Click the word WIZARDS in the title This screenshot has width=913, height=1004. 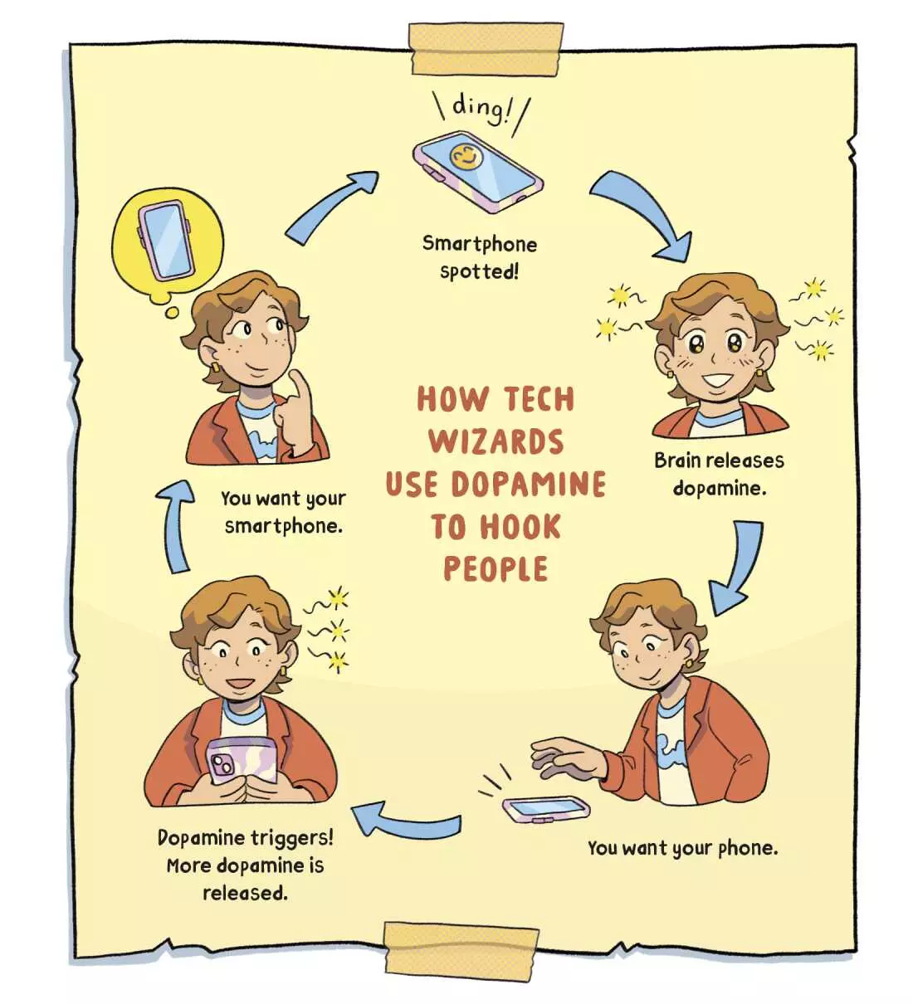point(496,441)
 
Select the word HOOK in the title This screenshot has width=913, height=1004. point(521,527)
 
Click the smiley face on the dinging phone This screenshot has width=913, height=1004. point(466,156)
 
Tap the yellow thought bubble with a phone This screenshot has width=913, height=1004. point(168,241)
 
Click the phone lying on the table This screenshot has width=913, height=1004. point(546,807)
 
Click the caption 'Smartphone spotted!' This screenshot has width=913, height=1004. point(480,257)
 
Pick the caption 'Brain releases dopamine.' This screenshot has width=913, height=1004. point(719,474)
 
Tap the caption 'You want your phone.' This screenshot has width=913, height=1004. point(682,848)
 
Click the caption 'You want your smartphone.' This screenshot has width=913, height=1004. point(283,512)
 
